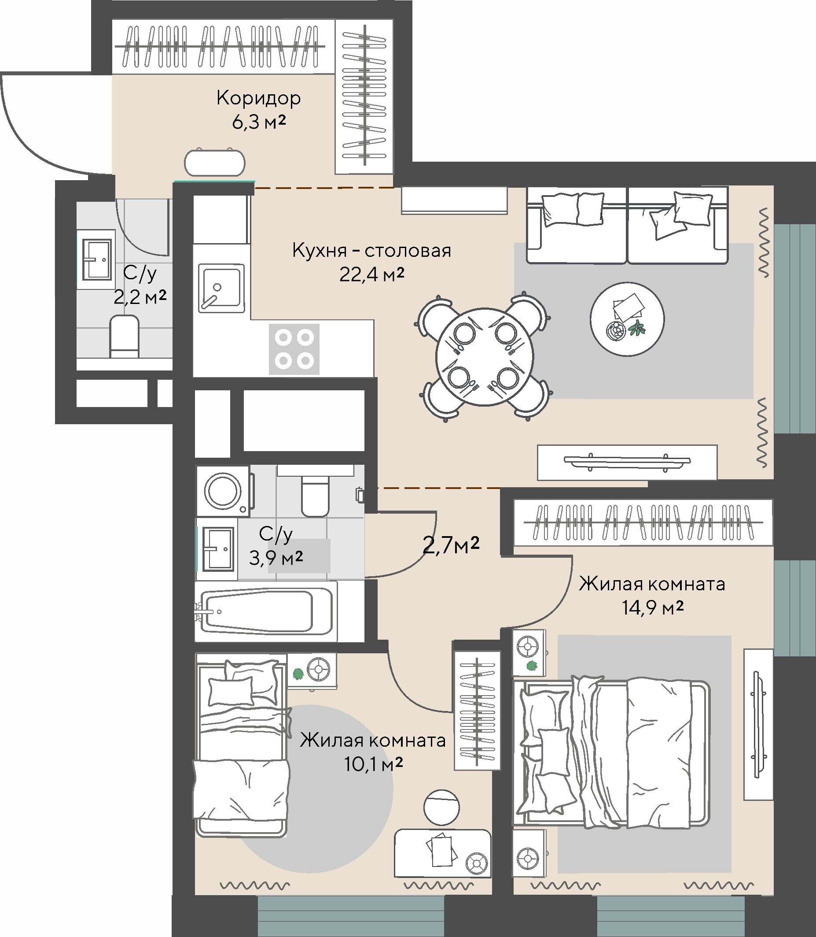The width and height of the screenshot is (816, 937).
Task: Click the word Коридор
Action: coord(258,98)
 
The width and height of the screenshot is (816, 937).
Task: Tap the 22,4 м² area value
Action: coord(371,274)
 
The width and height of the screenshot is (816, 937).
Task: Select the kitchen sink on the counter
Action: coord(221,288)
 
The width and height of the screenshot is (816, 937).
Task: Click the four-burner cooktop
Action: coord(294,349)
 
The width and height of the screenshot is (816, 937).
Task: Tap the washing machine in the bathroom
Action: coord(223,491)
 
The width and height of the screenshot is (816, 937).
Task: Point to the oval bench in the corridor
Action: coord(215,162)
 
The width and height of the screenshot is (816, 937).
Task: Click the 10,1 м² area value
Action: coord(374,764)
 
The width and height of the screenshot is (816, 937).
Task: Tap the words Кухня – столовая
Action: coord(371,251)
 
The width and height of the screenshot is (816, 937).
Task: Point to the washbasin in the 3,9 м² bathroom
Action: coord(219,549)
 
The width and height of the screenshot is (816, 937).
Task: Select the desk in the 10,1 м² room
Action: coord(443,853)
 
